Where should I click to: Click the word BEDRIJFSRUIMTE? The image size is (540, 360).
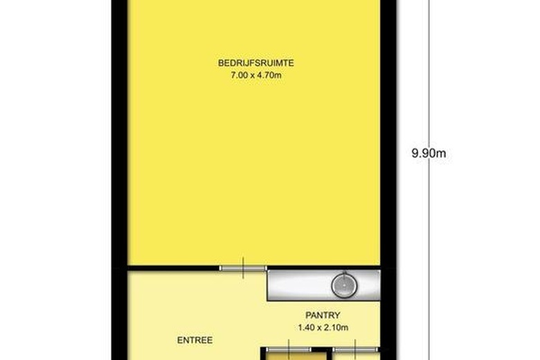click(256, 63)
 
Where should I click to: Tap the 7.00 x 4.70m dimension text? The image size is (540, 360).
click(256, 75)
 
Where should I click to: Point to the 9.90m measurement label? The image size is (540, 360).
click(429, 153)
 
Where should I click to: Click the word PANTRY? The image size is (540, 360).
click(323, 315)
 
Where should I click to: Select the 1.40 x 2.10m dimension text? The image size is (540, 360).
click(323, 327)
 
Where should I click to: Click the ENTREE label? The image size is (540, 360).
click(195, 341)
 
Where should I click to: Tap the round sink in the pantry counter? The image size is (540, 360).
click(344, 285)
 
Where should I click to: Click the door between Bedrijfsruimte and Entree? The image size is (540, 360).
click(244, 268)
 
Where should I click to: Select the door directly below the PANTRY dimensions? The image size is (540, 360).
click(289, 350)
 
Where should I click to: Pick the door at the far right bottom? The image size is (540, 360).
click(355, 350)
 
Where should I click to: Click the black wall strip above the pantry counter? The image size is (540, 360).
click(324, 268)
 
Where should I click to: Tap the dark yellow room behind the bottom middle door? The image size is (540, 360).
click(296, 357)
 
